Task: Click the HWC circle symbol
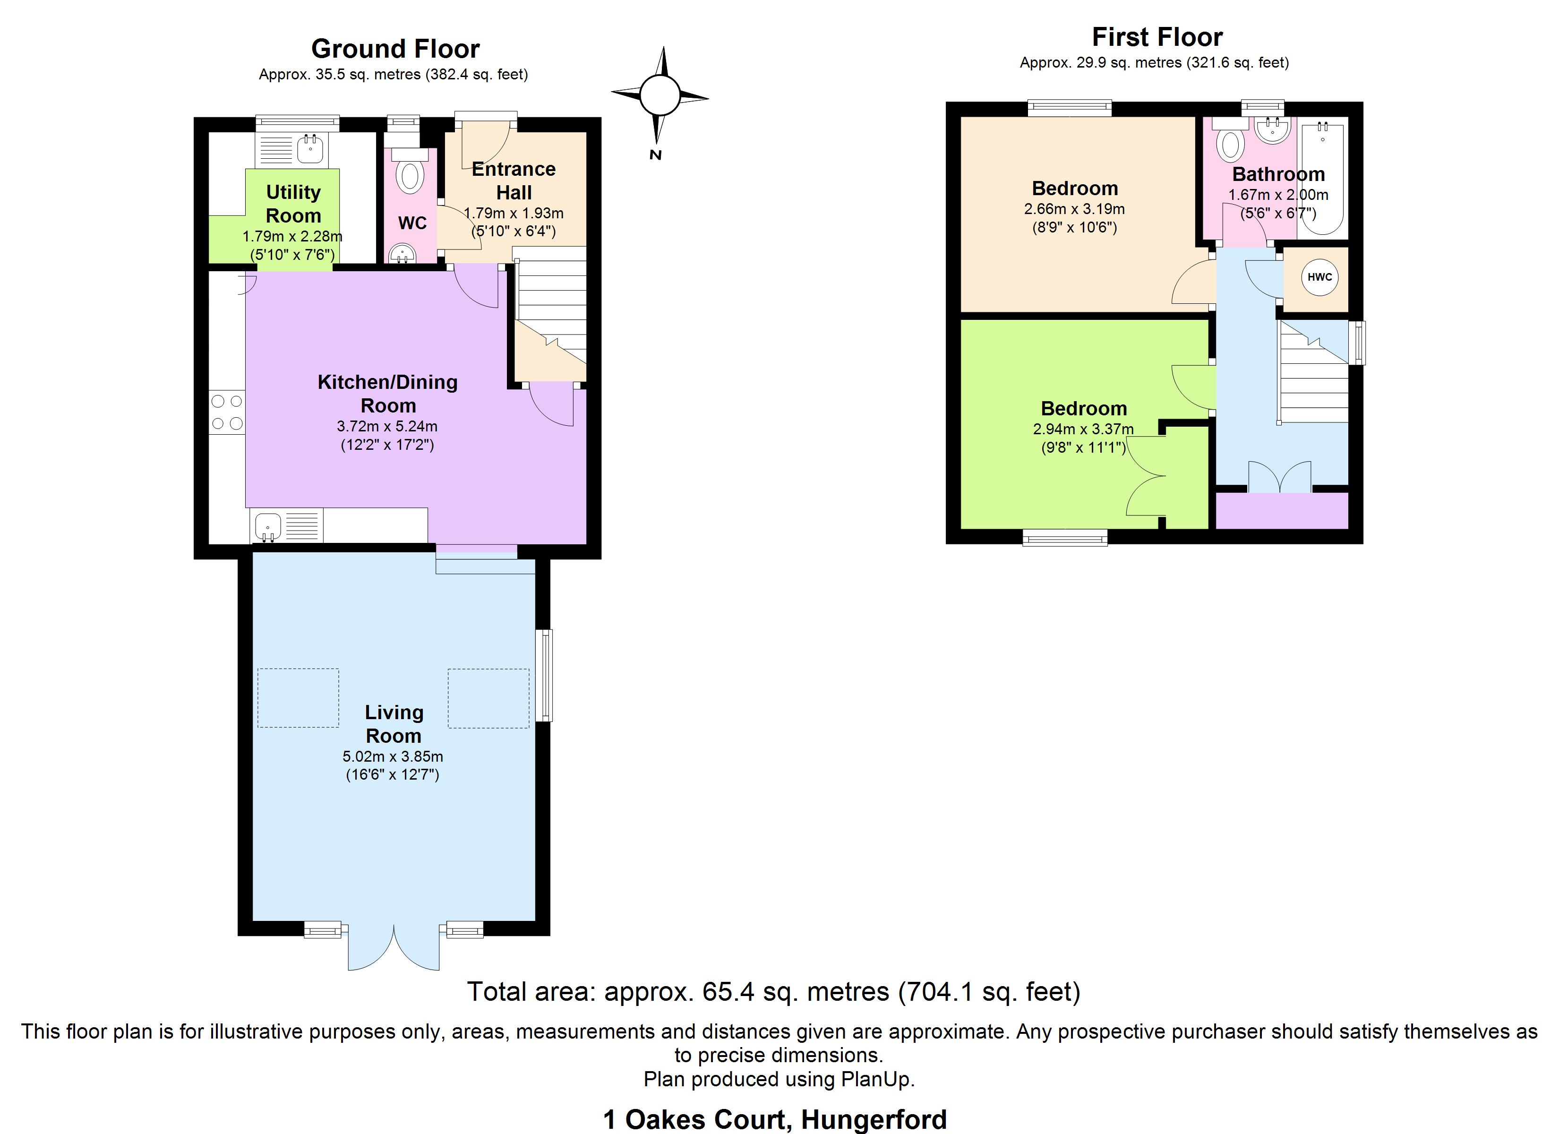tap(1319, 278)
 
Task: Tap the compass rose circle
tap(660, 95)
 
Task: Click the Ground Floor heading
tap(395, 49)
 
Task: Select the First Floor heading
tap(1157, 36)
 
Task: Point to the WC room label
tap(412, 223)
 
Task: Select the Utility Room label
tap(293, 204)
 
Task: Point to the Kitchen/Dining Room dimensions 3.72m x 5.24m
tap(387, 426)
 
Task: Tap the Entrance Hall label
tap(514, 180)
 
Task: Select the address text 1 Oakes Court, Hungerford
tap(775, 1119)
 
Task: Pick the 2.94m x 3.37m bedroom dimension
tap(1083, 429)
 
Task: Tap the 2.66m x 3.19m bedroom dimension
tap(1074, 209)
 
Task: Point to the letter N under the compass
tap(655, 155)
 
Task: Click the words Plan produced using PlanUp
tap(779, 1080)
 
